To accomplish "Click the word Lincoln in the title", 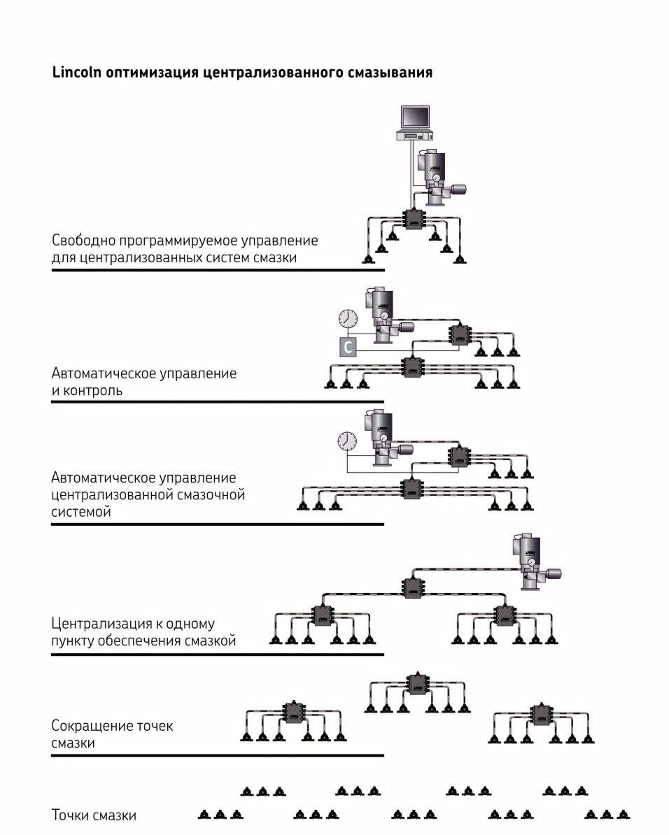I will [x=76, y=72].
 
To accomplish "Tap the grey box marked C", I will [x=348, y=345].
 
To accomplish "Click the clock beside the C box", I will [x=347, y=319].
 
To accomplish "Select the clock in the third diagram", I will [x=347, y=441].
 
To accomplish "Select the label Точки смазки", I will [x=94, y=815].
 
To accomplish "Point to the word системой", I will [x=81, y=512].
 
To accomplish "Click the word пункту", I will [x=71, y=640].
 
